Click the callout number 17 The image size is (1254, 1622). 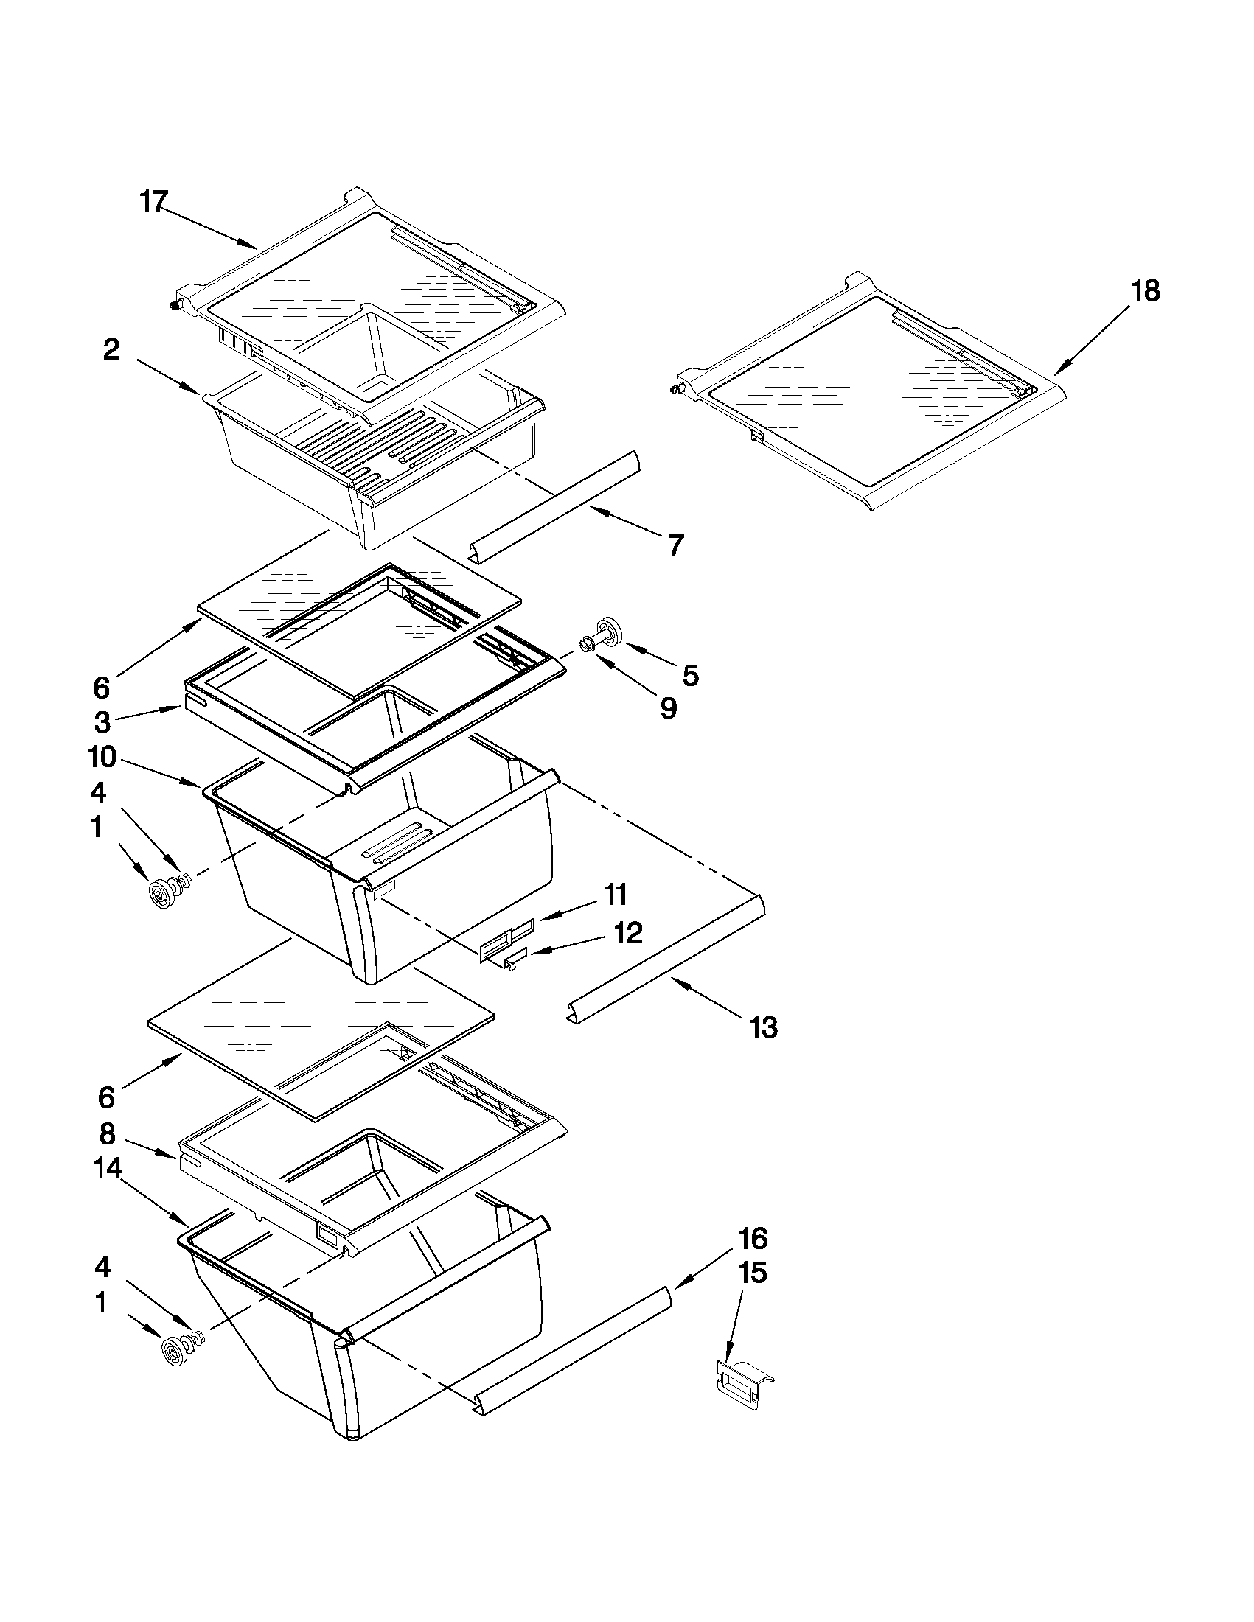tap(155, 201)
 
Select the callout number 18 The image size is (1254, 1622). tap(1145, 291)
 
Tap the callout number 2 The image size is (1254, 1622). tap(111, 350)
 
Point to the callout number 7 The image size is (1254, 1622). tap(675, 545)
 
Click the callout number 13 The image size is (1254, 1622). tap(763, 1028)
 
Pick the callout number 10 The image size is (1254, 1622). tap(102, 758)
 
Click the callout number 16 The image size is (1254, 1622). tap(752, 1238)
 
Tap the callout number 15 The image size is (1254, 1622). tap(752, 1273)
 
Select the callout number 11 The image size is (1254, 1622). tap(615, 895)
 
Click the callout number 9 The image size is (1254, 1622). tap(668, 708)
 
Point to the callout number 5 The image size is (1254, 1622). tap(690, 675)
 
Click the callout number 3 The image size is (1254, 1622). tap(102, 721)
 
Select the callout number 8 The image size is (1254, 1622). tap(108, 1133)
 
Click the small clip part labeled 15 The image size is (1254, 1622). tap(742, 1382)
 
